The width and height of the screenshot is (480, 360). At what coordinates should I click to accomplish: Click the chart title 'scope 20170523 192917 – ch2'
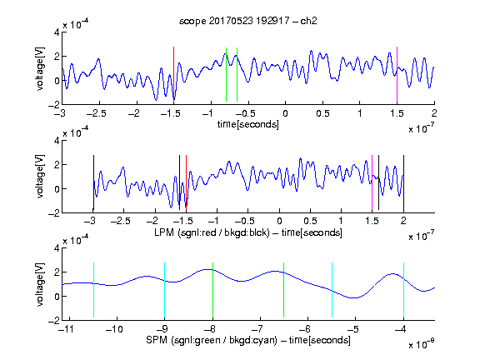(248, 21)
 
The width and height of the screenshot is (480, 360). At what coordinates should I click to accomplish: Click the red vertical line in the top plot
(173, 73)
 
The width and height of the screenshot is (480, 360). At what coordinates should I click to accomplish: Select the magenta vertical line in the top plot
(397, 75)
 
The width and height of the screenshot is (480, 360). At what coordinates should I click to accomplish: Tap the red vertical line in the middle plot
(186, 182)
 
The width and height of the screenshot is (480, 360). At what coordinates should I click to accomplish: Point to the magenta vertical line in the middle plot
(372, 183)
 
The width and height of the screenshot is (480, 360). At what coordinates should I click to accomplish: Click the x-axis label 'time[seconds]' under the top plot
(248, 124)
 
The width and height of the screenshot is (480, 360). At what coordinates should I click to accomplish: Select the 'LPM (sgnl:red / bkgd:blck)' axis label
(212, 232)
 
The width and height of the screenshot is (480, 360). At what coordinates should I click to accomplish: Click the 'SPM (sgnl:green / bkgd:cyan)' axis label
(212, 340)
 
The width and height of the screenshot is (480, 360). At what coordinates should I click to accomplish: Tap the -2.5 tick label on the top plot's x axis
(97, 113)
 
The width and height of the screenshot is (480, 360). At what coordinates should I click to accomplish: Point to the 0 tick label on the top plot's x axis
(285, 113)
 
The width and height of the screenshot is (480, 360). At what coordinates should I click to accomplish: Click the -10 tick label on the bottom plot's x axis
(114, 329)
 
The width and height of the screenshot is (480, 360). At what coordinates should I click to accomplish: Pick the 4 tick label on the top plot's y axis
(57, 32)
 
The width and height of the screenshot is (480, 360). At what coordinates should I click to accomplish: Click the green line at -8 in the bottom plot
(212, 290)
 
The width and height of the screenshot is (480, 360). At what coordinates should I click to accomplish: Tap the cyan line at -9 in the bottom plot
(165, 290)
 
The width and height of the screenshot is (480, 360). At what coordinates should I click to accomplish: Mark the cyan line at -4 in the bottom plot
(403, 290)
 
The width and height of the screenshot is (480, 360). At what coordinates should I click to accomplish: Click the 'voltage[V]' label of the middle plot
(40, 177)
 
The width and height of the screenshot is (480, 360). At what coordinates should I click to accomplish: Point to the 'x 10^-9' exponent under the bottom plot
(422, 344)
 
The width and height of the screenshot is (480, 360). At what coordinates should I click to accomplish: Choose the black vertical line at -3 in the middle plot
(93, 183)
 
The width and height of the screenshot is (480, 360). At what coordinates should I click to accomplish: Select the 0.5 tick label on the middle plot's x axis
(310, 221)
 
